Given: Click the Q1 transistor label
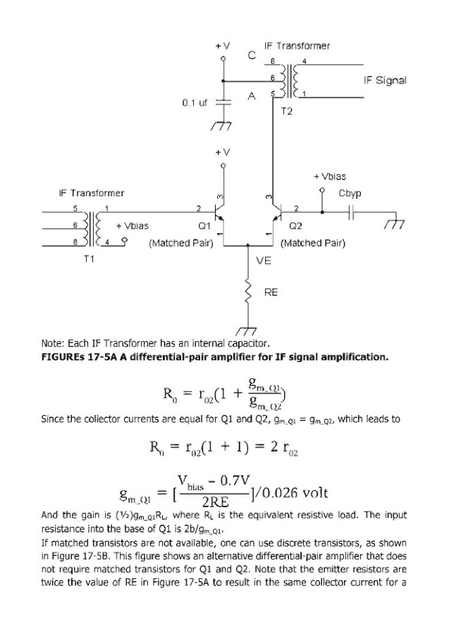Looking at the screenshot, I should pyautogui.click(x=205, y=226).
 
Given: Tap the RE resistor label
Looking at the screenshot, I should pyautogui.click(x=271, y=292).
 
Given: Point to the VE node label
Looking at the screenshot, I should pyautogui.click(x=264, y=260).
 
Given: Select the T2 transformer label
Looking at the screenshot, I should pyautogui.click(x=285, y=111).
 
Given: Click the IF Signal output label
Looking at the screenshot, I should pyautogui.click(x=384, y=80).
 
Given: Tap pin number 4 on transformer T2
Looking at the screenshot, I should pyautogui.click(x=304, y=61).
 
